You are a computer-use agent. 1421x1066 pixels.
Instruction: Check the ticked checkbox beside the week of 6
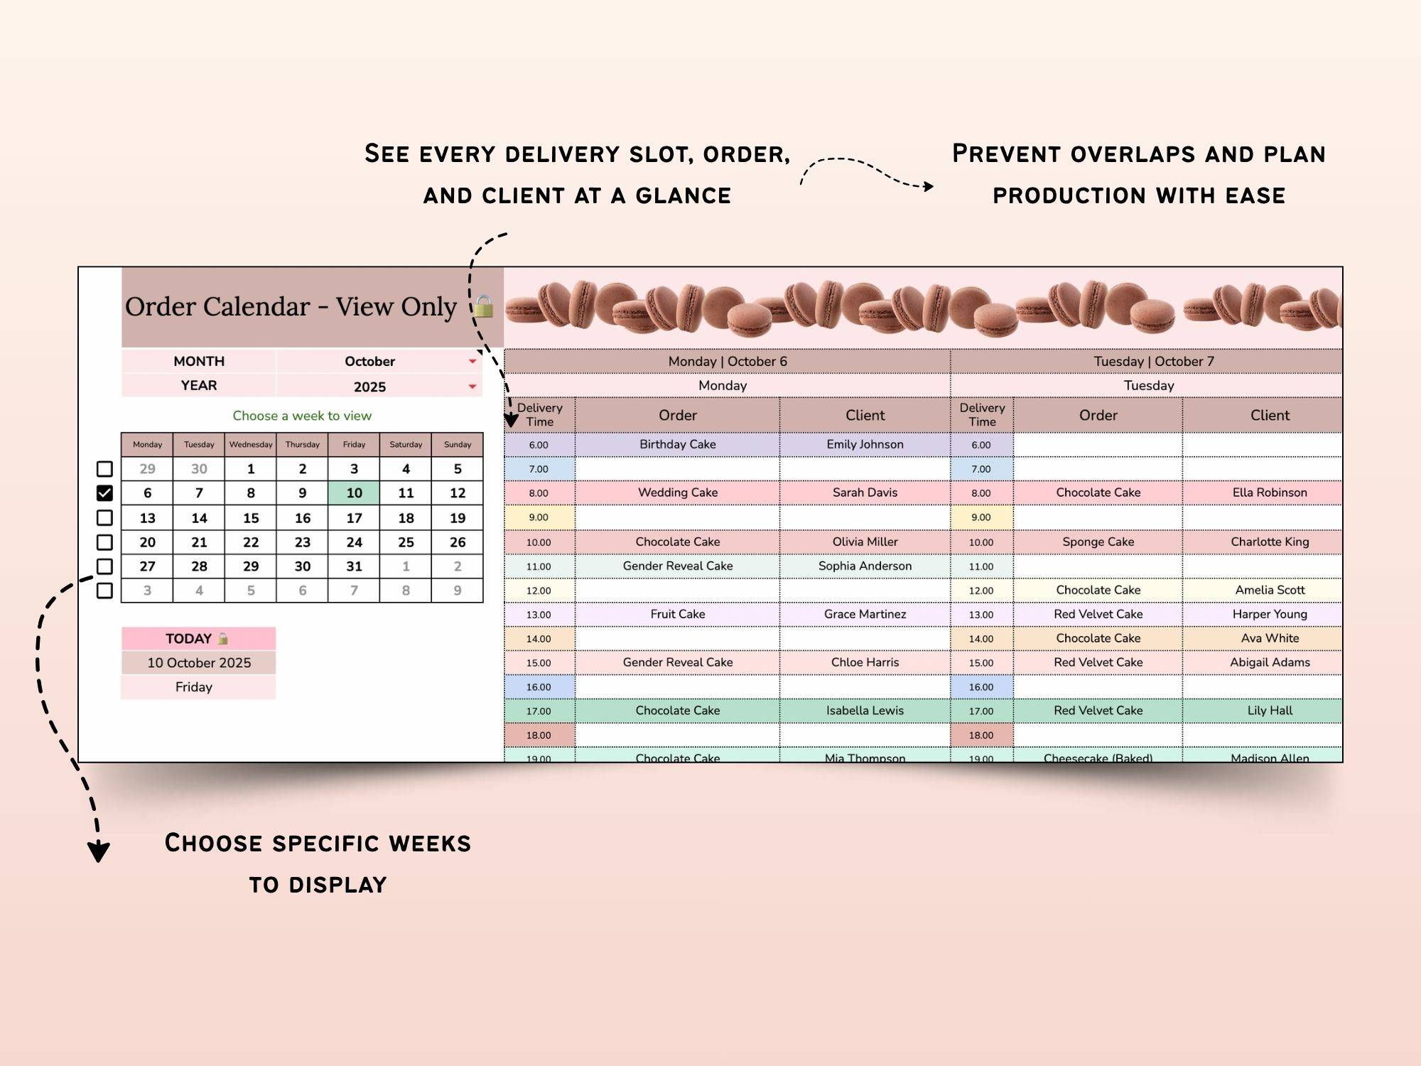[104, 492]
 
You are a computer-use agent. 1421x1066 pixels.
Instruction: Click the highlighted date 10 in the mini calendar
[354, 492]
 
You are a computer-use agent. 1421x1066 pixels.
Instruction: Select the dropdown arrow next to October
[472, 362]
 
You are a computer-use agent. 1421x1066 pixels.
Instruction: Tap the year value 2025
[369, 387]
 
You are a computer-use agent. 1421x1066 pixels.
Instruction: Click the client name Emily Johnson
[865, 444]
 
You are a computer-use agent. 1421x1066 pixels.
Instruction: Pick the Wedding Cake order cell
[677, 492]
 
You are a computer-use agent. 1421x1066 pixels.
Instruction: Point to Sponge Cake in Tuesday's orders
[1098, 542]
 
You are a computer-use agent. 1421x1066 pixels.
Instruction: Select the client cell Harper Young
[1270, 614]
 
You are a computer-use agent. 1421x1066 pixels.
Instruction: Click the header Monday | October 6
[727, 361]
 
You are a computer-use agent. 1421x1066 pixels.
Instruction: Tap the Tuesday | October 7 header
[1153, 361]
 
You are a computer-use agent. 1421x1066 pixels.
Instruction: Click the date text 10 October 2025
[199, 662]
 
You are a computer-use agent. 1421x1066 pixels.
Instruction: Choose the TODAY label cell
[189, 638]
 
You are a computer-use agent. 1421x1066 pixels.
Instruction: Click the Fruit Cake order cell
[677, 614]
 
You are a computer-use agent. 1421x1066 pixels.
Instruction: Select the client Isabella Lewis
[865, 710]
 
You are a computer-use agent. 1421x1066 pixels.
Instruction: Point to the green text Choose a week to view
[302, 416]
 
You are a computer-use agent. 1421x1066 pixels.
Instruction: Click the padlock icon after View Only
[484, 306]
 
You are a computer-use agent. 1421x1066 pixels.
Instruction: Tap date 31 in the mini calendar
[354, 566]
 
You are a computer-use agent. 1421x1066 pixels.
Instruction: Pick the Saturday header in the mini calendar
[406, 445]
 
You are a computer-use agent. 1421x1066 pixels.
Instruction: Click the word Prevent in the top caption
[1006, 154]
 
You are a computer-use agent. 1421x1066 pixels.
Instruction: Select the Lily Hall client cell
[1270, 710]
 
